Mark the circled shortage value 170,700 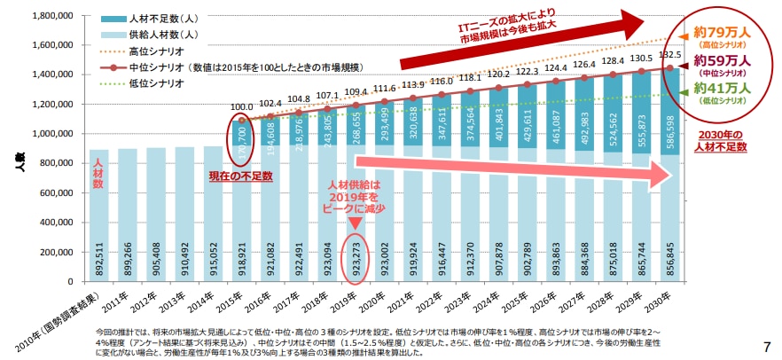point(242,139)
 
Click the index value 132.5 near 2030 point(670,55)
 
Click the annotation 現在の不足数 point(240,176)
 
